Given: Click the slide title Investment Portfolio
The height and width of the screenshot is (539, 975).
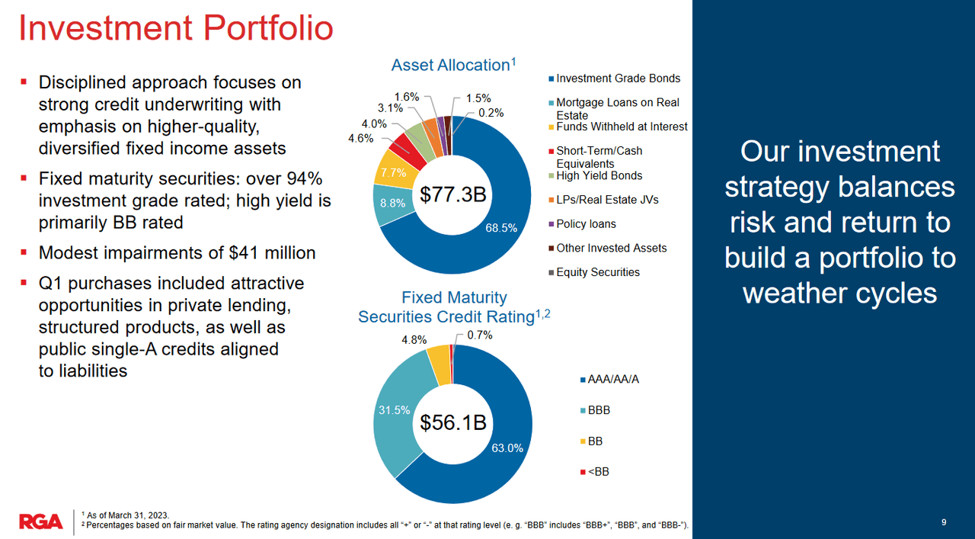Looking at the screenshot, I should [176, 28].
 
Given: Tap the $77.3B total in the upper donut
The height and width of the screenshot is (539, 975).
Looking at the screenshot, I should [453, 195].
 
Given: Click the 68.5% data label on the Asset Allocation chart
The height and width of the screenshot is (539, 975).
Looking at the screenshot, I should [501, 227].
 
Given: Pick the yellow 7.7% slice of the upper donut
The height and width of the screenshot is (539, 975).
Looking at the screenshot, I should [393, 173].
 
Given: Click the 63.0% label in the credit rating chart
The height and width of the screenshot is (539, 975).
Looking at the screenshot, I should [507, 448].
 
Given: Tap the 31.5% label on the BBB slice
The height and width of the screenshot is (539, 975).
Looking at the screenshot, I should [395, 410].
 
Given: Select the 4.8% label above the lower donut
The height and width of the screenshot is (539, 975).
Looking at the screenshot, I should [414, 340].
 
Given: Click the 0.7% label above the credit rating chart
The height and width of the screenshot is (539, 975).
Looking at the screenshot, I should [480, 335].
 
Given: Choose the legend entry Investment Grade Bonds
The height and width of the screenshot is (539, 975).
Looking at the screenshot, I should [618, 79].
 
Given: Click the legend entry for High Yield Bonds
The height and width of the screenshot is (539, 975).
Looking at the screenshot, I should [599, 175].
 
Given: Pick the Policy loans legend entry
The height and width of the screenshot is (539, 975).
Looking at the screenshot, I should [586, 224].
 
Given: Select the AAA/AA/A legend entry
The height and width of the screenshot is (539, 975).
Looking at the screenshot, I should [612, 379].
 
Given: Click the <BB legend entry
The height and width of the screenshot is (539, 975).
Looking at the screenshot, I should [598, 471].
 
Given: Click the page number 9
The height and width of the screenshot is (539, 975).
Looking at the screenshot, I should [944, 522].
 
